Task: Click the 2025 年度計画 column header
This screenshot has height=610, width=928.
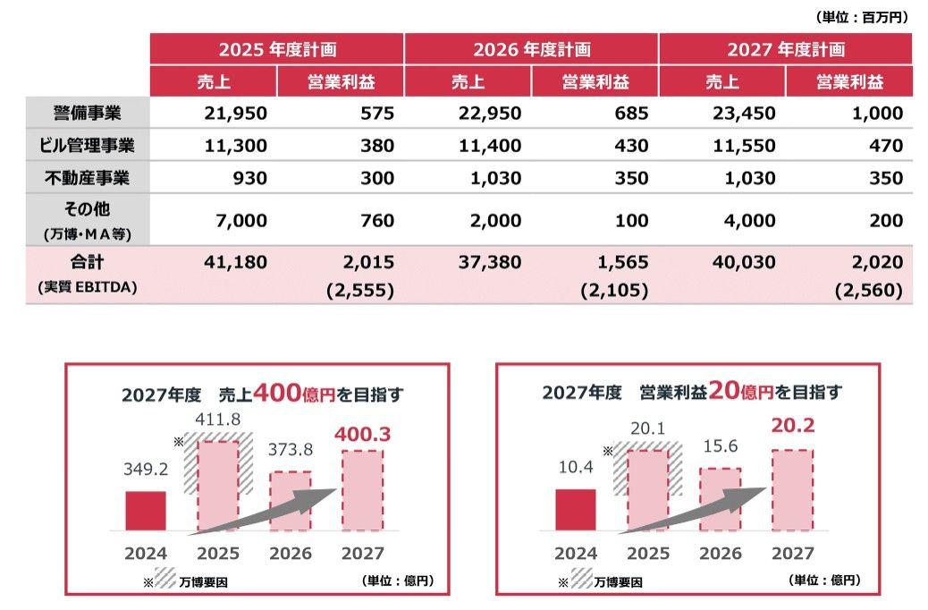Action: pyautogui.click(x=277, y=49)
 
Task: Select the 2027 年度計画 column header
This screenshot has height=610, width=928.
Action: pyautogui.click(x=786, y=49)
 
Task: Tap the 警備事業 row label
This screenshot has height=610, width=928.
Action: pyautogui.click(x=88, y=114)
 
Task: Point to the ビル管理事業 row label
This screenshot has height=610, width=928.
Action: pyautogui.click(x=88, y=145)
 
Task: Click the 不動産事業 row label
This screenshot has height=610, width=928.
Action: pyautogui.click(x=88, y=178)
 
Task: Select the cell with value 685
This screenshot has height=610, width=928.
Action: pyautogui.click(x=630, y=114)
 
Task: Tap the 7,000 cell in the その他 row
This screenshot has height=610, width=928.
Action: pyautogui.click(x=241, y=220)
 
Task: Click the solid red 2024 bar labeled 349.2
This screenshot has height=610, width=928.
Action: pyautogui.click(x=146, y=511)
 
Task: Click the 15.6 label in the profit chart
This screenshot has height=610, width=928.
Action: pyautogui.click(x=720, y=453)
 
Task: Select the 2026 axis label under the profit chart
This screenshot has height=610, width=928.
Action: pyautogui.click(x=720, y=554)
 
